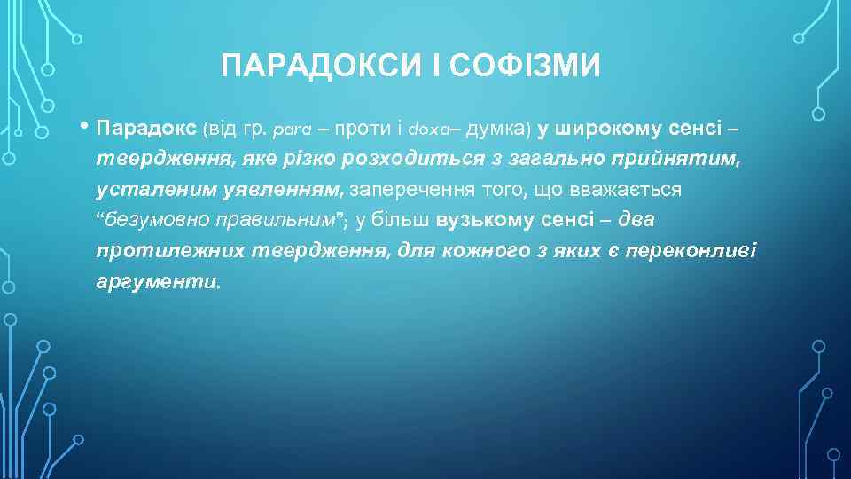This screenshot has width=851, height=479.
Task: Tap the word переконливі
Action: (x=691, y=251)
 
